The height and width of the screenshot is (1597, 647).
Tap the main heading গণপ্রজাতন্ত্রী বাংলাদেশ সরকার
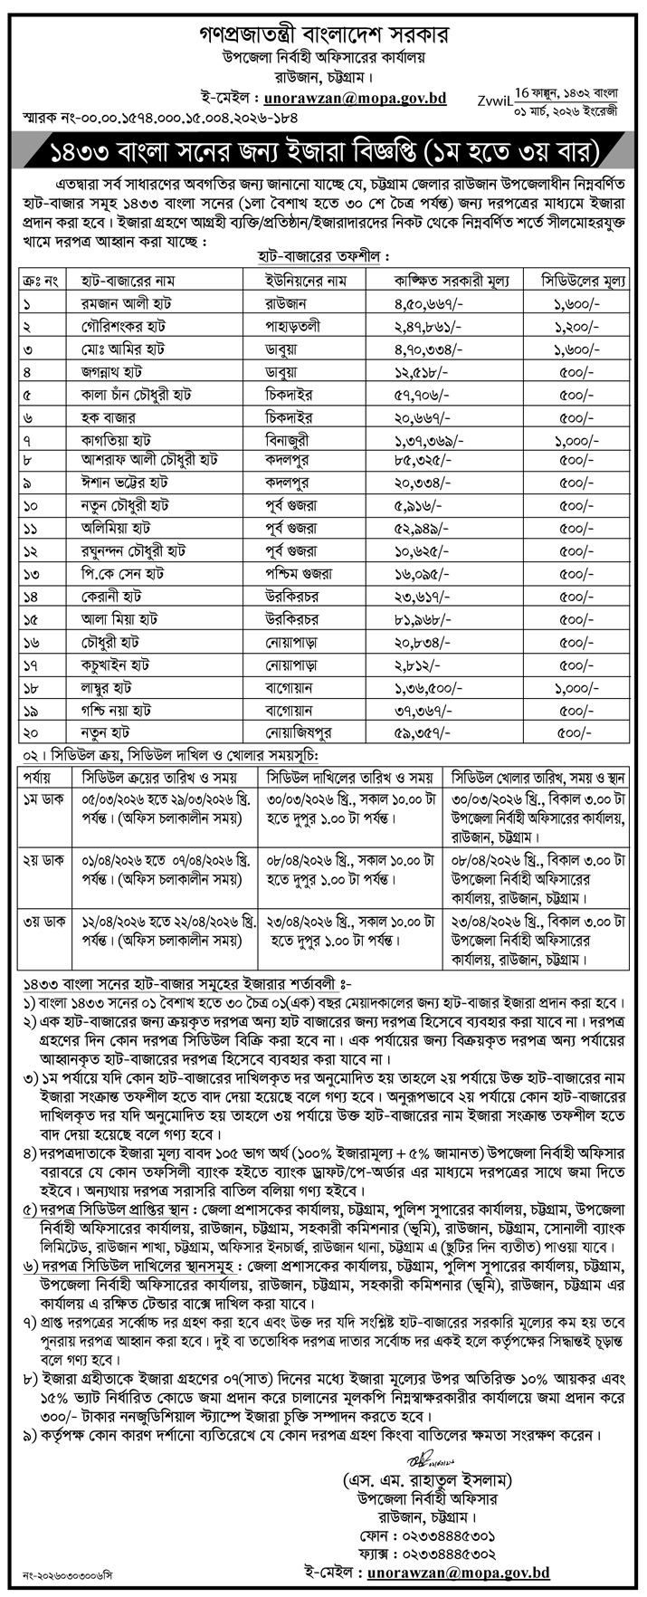click(x=323, y=36)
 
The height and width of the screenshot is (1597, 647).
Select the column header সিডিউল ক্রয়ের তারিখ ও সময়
click(x=150, y=778)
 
